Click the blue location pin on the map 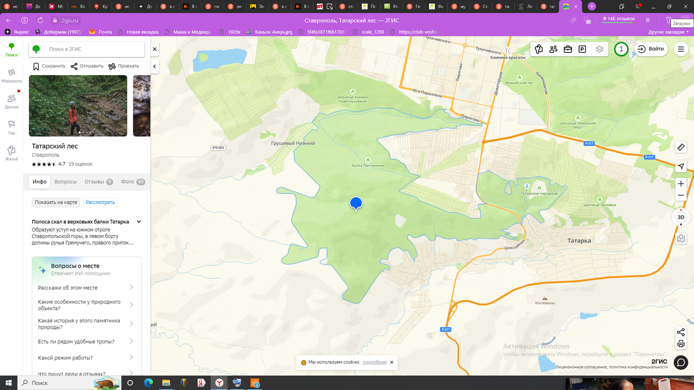click(356, 203)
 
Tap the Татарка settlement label click(575, 240)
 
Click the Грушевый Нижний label click(293, 143)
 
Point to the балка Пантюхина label click(368, 165)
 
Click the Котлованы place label click(545, 303)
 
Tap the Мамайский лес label click(519, 83)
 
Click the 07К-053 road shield click(218, 148)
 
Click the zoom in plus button click(681, 184)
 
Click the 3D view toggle click(681, 217)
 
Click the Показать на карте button click(56, 203)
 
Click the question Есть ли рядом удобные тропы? click(76, 342)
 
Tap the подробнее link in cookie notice click(375, 362)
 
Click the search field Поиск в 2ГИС click(87, 50)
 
